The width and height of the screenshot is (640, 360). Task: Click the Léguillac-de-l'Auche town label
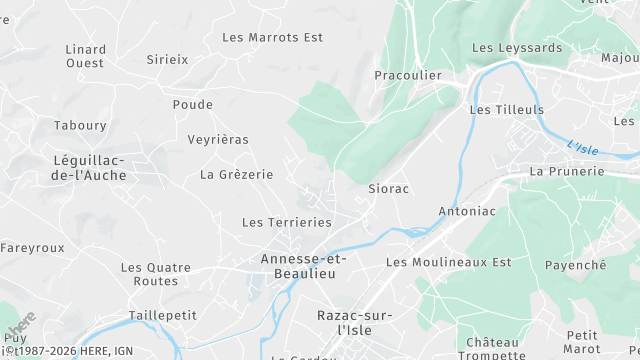[89, 168]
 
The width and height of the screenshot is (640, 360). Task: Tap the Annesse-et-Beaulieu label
[303, 265]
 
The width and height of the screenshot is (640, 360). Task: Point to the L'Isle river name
[582, 148]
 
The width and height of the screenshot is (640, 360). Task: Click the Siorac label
[389, 188]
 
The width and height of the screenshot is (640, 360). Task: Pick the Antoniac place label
[467, 211]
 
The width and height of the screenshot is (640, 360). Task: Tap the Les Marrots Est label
[273, 37]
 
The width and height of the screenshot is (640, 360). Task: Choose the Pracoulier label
[408, 75]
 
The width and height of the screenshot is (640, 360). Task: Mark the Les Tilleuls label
[507, 109]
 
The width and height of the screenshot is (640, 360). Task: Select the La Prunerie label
[567, 171]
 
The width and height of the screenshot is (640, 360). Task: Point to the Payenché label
[575, 265]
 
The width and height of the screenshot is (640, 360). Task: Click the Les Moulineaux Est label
[448, 262]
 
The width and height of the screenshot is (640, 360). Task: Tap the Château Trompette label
[493, 348]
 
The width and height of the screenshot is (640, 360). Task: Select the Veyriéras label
[218, 139]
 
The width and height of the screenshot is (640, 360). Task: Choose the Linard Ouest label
[85, 55]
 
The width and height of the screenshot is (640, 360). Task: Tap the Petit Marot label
[581, 341]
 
